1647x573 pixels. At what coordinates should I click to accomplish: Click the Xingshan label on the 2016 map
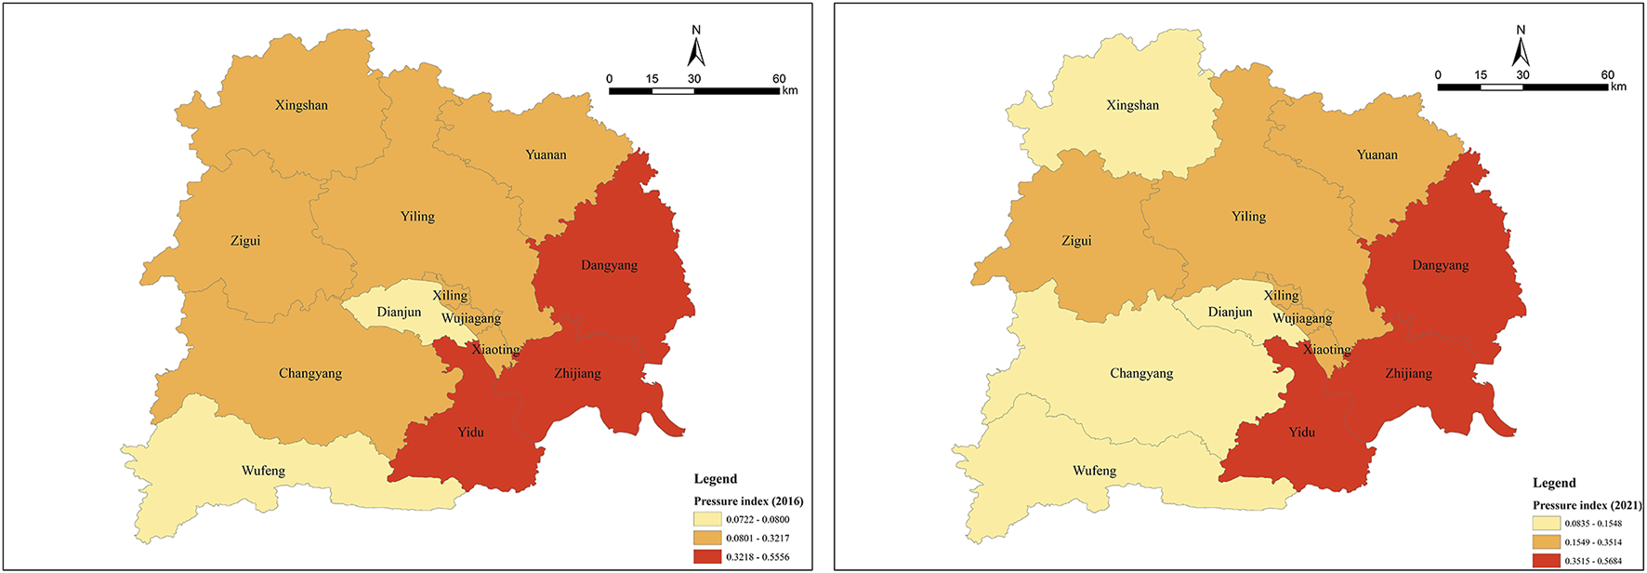pos(301,105)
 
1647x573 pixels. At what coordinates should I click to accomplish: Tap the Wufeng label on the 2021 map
pos(1094,471)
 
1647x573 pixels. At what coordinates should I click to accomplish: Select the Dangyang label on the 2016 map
pos(609,265)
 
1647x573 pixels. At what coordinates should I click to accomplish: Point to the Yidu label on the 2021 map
pos(1301,433)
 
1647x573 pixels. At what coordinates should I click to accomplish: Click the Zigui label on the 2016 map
pos(245,241)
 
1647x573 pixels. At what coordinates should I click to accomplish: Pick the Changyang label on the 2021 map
pos(1141,374)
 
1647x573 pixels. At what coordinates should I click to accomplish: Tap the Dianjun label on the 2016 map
pos(399,313)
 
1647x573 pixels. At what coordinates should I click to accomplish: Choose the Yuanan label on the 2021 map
pos(1377,155)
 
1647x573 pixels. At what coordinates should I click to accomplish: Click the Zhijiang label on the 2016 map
pos(577,374)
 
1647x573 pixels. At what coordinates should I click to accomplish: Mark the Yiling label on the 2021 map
pos(1248,217)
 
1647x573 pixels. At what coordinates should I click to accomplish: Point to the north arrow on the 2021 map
pos(1521,47)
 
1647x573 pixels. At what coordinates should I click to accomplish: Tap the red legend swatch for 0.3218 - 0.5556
pos(707,556)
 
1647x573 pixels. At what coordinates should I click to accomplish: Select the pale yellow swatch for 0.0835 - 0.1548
pos(1547,524)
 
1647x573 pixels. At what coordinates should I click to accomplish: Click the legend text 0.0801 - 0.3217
pos(758,539)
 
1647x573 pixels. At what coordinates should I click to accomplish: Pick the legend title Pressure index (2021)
pos(1587,505)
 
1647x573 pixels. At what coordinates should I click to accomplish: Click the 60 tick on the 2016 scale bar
pos(779,79)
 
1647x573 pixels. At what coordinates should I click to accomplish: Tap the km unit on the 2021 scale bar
pos(1618,87)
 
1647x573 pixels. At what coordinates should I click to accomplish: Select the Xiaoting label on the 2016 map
pos(495,350)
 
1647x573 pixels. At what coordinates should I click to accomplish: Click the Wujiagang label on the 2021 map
pos(1301,319)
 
